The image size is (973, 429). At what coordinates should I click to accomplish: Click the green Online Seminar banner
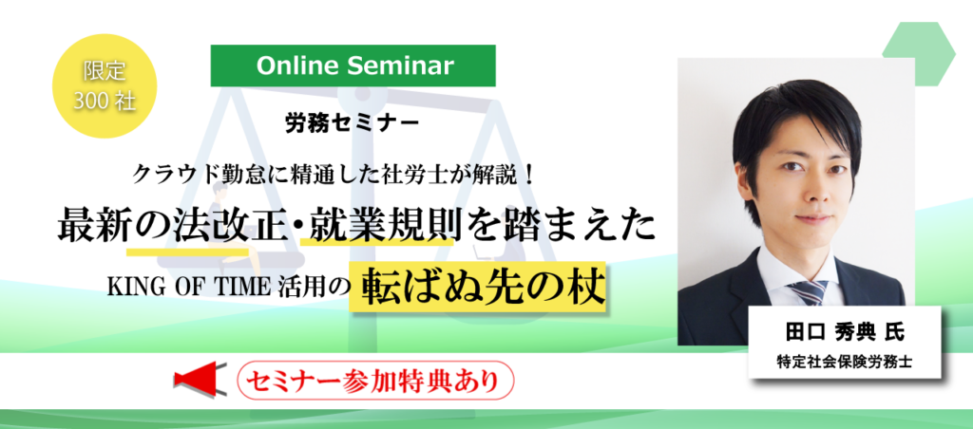click(353, 65)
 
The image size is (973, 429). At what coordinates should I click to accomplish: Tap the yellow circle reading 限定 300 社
click(105, 86)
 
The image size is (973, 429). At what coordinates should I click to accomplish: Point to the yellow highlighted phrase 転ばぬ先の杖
click(477, 288)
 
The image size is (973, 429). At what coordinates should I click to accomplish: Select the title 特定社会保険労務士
click(845, 362)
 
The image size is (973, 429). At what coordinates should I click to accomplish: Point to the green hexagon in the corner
click(919, 53)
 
